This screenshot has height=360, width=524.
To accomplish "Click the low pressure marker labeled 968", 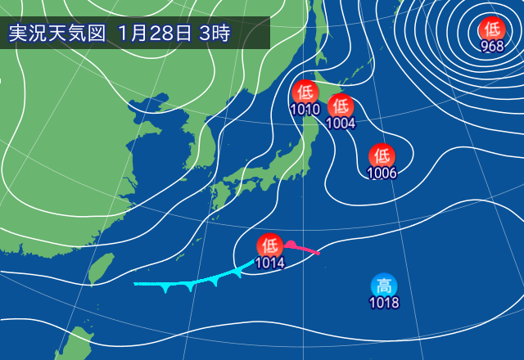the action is (492, 28).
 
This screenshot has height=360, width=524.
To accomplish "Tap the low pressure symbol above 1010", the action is (305, 92).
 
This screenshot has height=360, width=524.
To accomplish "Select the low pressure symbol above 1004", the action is (341, 106).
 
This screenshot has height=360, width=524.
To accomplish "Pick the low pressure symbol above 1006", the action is (382, 155).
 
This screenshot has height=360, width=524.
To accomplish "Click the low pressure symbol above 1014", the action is (270, 245).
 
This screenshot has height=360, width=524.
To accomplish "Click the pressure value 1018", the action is (384, 304).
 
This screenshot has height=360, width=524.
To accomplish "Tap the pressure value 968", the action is (492, 46).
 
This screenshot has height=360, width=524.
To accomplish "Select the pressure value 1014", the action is (270, 263).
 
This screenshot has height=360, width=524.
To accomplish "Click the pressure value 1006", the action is (382, 173).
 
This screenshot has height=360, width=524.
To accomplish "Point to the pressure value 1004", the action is (341, 124).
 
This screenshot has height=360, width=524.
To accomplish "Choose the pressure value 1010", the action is (305, 110).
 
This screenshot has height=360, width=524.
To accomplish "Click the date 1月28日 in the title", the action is (155, 34).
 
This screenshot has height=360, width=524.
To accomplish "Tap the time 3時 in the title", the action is (215, 34).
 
